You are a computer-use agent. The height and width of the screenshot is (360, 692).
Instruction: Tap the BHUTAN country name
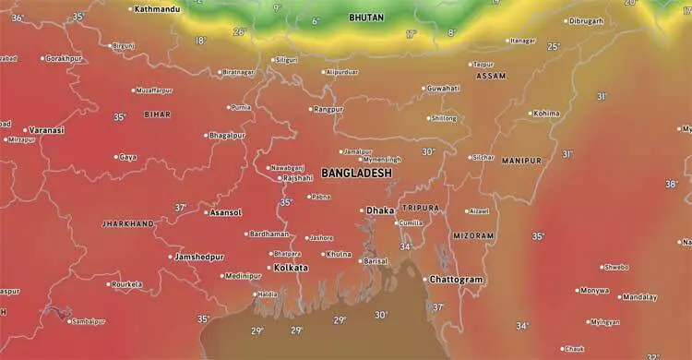click(367, 18)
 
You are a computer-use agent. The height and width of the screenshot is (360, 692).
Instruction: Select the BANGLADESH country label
click(356, 174)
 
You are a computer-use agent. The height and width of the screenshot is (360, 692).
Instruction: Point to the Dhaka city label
click(380, 210)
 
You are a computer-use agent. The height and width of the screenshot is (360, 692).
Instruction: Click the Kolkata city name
click(292, 268)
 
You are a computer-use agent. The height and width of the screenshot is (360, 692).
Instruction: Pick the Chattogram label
click(456, 279)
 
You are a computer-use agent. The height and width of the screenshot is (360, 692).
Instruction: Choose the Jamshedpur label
click(201, 257)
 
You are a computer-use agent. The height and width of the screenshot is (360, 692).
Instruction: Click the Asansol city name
click(226, 212)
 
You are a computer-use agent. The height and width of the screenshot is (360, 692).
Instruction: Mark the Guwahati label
click(444, 89)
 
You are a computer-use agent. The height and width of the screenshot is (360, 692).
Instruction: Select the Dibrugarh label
click(586, 20)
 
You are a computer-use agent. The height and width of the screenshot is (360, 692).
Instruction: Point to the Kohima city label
click(547, 114)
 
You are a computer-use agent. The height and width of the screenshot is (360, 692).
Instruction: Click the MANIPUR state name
click(521, 161)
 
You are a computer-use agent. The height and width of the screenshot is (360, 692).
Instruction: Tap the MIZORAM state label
click(472, 235)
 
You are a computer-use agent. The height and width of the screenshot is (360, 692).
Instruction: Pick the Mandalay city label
click(639, 297)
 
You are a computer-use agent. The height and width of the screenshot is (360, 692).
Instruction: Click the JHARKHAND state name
click(127, 224)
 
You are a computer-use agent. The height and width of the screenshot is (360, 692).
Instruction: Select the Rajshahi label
click(298, 177)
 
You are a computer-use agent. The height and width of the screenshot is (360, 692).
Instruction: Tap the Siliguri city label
click(287, 60)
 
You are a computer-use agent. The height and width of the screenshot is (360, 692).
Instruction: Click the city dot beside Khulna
click(323, 254)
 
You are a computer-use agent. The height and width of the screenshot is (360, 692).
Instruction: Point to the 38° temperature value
click(671, 185)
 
